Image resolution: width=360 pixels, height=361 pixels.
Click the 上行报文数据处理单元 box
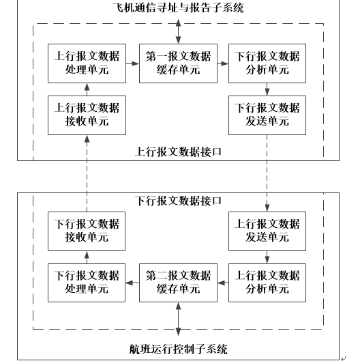click(87, 63)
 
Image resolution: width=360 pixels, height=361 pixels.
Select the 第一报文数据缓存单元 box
click(178, 63)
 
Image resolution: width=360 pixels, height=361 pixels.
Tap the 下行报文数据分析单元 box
click(267, 63)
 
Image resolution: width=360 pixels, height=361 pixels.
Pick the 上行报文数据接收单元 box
click(87, 115)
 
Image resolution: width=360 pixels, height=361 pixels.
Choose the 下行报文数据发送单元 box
click(267, 115)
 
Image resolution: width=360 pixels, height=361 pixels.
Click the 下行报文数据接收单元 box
click(87, 231)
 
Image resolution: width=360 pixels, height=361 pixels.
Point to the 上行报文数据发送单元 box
click(267, 231)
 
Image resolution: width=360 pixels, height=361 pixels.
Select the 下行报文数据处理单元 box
click(87, 283)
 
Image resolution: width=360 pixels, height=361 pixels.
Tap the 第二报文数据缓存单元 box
click(178, 283)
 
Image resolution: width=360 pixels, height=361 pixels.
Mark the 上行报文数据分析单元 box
click(267, 283)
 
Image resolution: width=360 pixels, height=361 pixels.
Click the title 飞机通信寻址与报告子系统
click(178, 8)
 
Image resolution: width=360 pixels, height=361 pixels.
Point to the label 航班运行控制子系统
click(178, 349)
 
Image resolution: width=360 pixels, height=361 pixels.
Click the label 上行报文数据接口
click(178, 151)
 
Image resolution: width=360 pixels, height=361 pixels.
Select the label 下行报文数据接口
click(178, 201)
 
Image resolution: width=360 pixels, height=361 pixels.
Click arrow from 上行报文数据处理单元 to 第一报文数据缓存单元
click(132, 63)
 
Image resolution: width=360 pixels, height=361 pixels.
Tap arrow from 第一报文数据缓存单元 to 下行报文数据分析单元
click(223, 63)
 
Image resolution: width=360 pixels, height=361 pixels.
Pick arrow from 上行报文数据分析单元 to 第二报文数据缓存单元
click(223, 283)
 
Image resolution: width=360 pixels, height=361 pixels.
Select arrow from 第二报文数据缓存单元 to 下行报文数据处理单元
click(132, 283)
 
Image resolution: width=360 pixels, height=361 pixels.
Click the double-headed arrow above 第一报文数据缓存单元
click(178, 31)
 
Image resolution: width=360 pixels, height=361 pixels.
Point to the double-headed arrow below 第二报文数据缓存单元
click(178, 319)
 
